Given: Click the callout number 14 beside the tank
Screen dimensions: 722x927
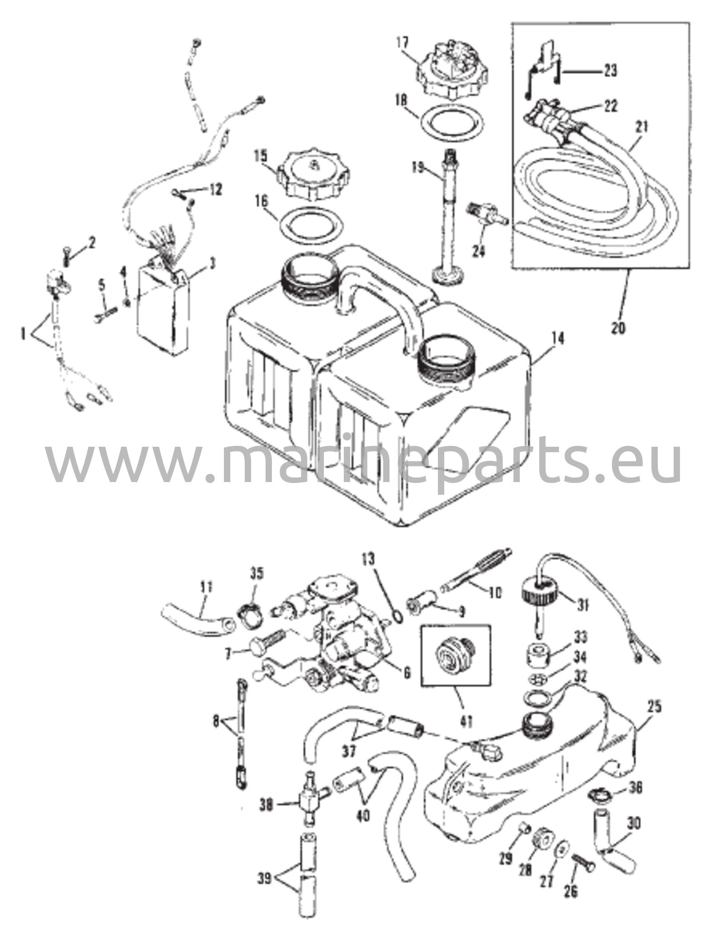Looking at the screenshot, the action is click(559, 339).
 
